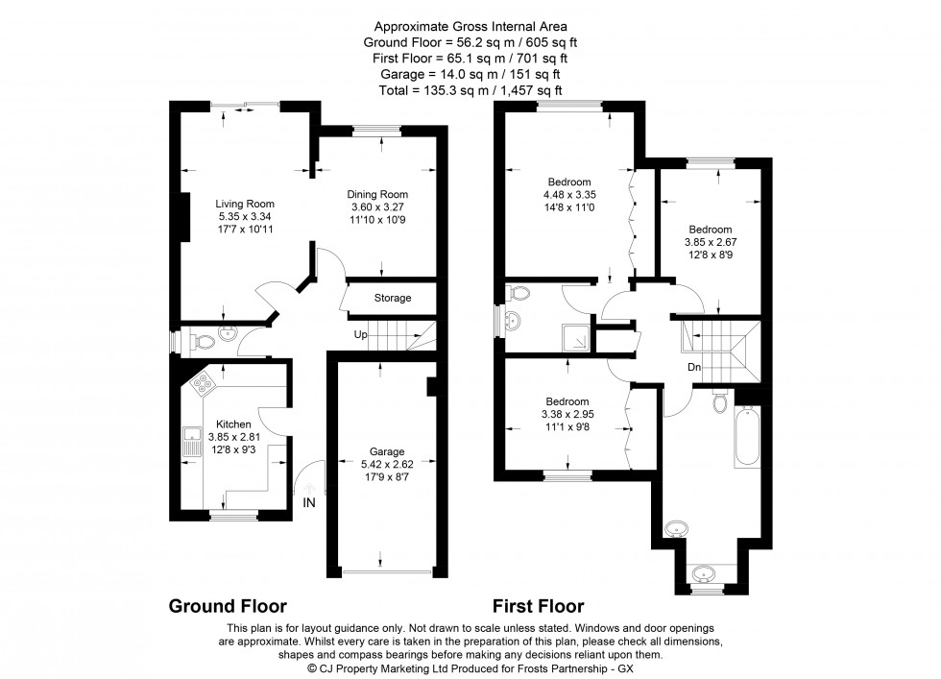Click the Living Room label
point(245,204)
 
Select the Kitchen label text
point(233,424)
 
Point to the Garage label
point(387,451)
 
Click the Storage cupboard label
point(392,299)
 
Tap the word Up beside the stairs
point(361,334)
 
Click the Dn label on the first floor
point(694,366)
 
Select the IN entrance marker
point(309,502)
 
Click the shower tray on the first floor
point(575,336)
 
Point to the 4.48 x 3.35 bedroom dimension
point(569,195)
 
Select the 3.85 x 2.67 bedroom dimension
point(710,243)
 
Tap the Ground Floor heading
point(228,606)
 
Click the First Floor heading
point(538,606)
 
